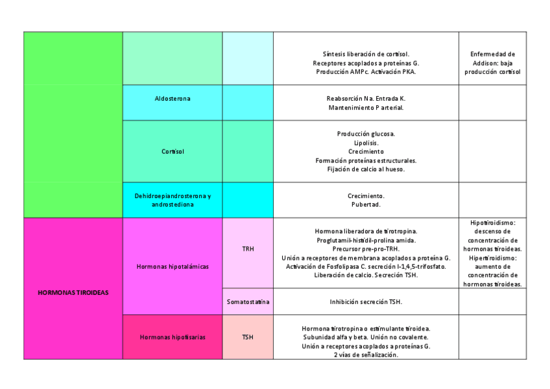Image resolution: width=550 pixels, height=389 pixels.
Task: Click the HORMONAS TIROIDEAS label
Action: (73, 292)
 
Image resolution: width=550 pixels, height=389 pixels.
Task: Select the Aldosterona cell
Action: (173, 99)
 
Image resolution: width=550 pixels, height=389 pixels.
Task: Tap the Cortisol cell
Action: (173, 151)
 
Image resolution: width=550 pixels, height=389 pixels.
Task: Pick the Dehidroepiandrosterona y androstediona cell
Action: (173, 200)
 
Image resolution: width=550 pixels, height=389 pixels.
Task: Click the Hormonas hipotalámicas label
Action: (173, 266)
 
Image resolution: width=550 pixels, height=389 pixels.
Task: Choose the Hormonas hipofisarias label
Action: (173, 337)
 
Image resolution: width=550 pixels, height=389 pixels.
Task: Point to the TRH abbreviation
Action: (248, 248)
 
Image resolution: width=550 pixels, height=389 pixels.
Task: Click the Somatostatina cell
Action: (248, 301)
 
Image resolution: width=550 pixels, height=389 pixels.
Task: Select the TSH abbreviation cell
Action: (248, 337)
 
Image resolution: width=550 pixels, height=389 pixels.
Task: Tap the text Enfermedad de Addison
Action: (492, 58)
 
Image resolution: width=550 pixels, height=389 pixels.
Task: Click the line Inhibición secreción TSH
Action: (366, 301)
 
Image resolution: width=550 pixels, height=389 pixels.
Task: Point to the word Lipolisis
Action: (366, 143)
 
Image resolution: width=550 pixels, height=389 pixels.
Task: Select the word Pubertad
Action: (366, 205)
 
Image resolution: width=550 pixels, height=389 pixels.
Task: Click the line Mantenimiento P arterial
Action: (366, 107)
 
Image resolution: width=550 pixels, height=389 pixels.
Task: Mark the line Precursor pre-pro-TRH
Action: (366, 249)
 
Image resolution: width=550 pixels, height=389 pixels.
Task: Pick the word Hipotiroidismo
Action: (492, 223)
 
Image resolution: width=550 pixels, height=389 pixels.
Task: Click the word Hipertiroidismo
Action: (492, 258)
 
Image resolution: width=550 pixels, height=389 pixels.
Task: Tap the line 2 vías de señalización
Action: (366, 355)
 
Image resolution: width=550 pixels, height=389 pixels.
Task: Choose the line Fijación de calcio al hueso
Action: (366, 169)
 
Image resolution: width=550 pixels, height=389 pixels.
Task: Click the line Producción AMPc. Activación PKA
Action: (366, 72)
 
